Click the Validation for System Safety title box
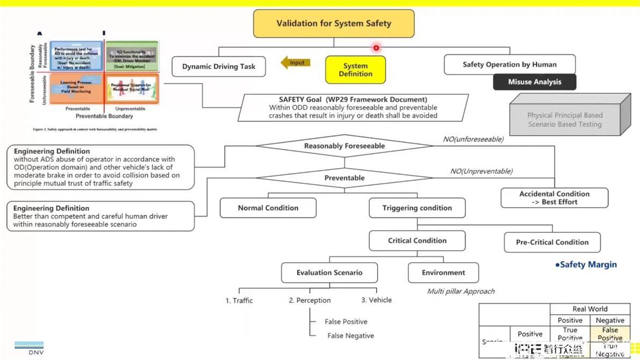[x=333, y=24]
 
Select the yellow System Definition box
[x=355, y=70]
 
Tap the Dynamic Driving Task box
[x=219, y=67]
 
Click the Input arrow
[x=296, y=63]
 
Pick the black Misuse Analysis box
[x=534, y=82]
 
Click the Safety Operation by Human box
[x=510, y=64]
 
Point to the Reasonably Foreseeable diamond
[x=344, y=146]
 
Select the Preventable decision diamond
[x=344, y=178]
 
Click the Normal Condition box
[x=268, y=208]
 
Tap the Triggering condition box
[x=417, y=208]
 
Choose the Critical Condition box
[x=417, y=241]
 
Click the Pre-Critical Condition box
[x=552, y=243]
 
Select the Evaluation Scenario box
[x=329, y=273]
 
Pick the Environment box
[x=443, y=273]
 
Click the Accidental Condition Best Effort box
[x=554, y=198]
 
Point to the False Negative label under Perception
[x=351, y=336]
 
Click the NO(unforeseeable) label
[x=473, y=139]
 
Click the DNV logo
[x=29, y=348]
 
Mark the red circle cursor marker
[x=376, y=48]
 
